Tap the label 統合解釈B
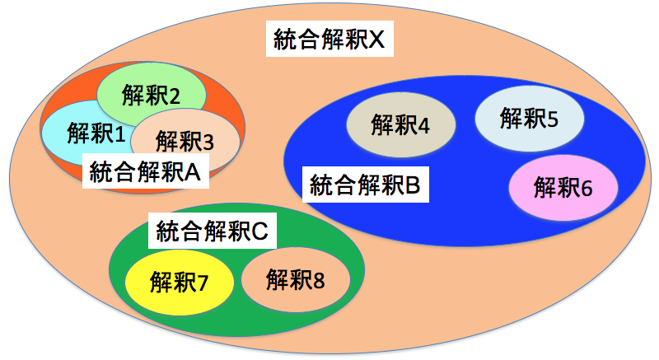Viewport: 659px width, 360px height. pos(366,185)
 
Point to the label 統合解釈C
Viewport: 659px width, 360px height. pos(213,231)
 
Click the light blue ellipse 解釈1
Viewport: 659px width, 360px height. pos(82,132)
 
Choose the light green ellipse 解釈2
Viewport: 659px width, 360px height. pos(146,93)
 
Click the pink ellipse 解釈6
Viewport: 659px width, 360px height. pos(563,188)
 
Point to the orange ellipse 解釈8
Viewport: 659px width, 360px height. pos(295,278)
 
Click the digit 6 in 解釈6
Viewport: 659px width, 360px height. pos(587,188)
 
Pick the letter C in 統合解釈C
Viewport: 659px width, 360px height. pos(260,231)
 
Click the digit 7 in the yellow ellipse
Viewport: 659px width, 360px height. pos(203,283)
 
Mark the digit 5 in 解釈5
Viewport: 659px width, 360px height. pos(552,119)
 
